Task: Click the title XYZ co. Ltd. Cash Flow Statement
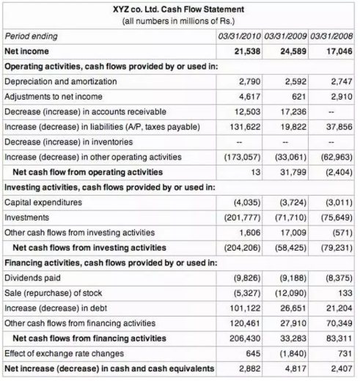pyautogui.click(x=179, y=10)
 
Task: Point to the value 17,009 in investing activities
pyautogui.click(x=292, y=232)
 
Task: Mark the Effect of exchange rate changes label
pyautogui.click(x=59, y=353)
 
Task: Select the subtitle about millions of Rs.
pyautogui.click(x=179, y=21)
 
